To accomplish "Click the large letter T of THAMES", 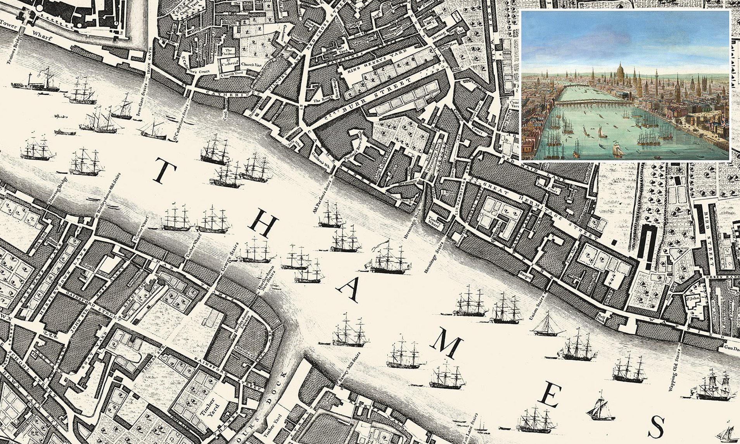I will tap(165, 172).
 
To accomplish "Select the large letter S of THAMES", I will tap(656, 427).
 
